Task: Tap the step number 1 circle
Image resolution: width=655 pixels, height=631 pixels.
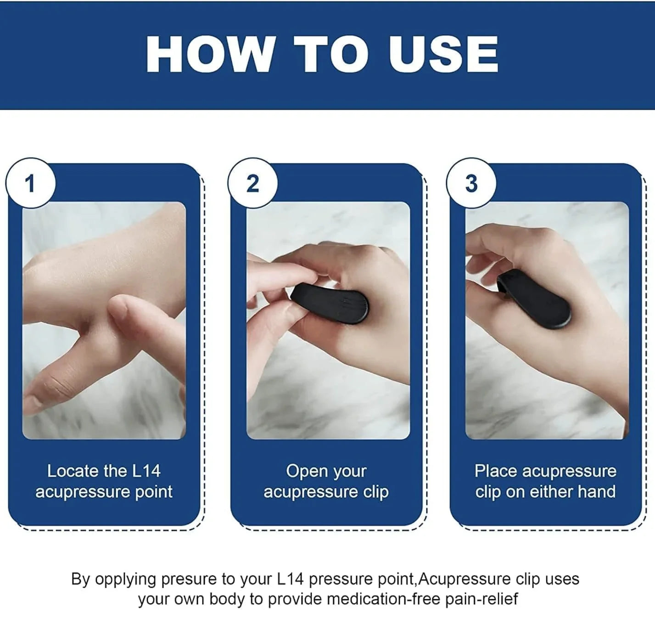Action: point(30,184)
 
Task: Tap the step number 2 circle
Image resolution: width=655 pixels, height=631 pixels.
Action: point(252,184)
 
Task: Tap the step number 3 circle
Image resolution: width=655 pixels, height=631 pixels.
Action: point(471,184)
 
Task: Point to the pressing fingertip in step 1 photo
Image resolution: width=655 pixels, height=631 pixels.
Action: point(120,307)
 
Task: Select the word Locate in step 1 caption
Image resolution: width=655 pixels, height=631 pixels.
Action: point(73,471)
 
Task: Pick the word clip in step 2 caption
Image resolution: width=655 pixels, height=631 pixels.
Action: point(376,492)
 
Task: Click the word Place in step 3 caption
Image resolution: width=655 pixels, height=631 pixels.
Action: point(496,471)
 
